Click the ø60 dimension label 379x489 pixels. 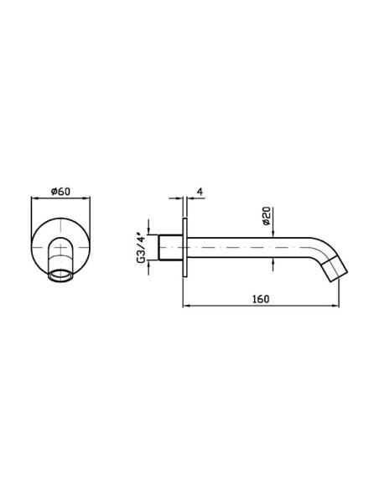[61, 191]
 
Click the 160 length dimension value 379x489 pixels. [261, 299]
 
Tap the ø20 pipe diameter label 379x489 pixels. [267, 216]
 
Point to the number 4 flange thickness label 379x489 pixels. [200, 191]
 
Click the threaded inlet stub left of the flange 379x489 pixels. [170, 247]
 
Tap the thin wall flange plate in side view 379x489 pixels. [184, 248]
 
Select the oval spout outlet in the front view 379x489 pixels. [61, 275]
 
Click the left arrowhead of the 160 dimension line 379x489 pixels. [186, 306]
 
